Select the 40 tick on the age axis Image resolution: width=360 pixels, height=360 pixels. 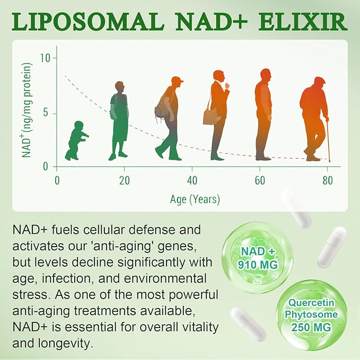[x=192, y=179]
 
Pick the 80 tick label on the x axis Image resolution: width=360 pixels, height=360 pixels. [x=327, y=179]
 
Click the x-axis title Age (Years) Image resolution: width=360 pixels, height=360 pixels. [x=195, y=199]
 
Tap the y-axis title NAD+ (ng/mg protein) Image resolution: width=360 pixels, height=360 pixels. [x=26, y=110]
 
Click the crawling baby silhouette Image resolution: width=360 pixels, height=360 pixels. [x=76, y=141]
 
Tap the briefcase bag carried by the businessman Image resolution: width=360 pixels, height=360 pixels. [x=210, y=116]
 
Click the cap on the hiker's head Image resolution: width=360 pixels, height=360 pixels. [x=178, y=80]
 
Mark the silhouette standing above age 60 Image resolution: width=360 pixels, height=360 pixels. [x=263, y=114]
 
